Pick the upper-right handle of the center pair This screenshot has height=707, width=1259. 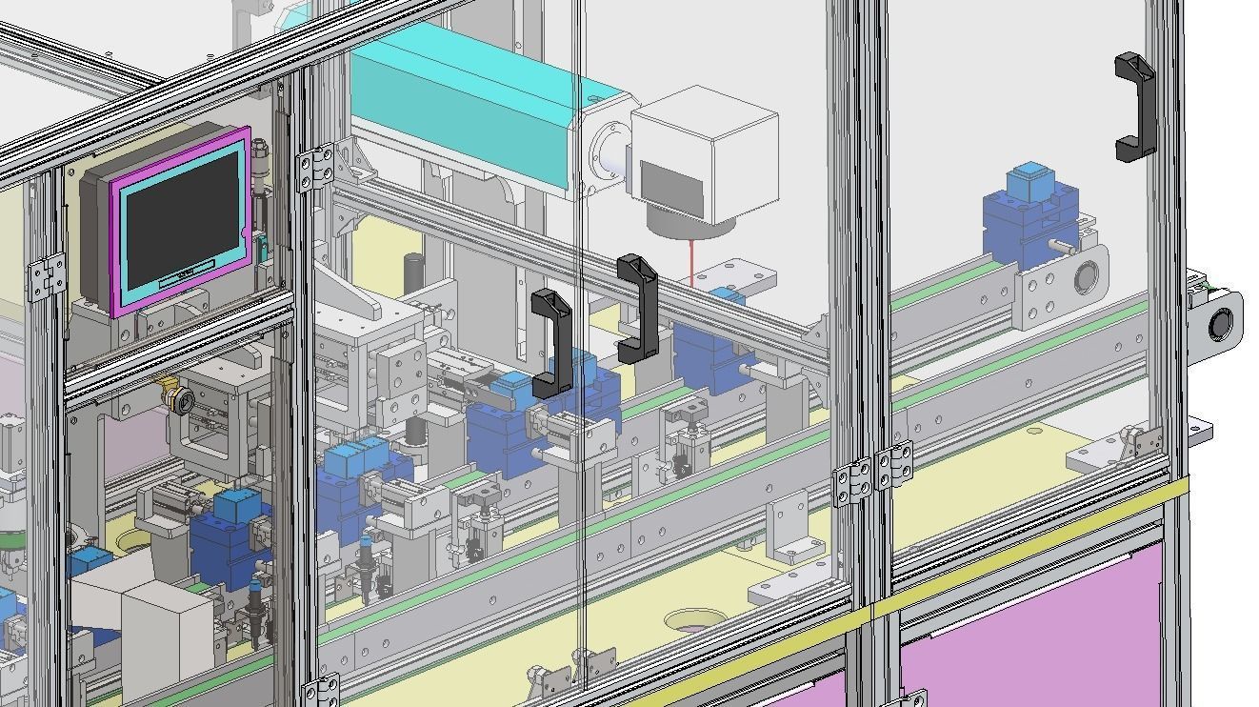click(x=637, y=308)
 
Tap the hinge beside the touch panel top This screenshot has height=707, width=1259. click(x=316, y=168)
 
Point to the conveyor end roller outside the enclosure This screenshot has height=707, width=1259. click(x=1220, y=325)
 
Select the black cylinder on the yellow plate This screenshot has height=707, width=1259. click(x=412, y=272)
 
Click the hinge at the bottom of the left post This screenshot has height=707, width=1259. click(x=322, y=690)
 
